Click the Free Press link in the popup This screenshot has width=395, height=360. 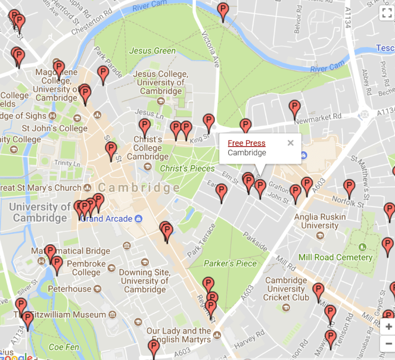point(246,143)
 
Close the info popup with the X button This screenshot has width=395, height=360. point(291,143)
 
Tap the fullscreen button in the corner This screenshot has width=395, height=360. point(386,14)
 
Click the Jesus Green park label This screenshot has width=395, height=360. point(152,51)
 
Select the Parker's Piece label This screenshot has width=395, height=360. point(230,263)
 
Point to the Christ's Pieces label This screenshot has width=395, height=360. point(187,169)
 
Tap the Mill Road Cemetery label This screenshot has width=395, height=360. point(335,257)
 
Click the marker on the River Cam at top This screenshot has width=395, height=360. point(222,11)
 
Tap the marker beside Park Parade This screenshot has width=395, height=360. point(103,74)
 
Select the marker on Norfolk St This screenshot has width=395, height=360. point(349,188)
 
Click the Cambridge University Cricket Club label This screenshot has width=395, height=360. point(286,289)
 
